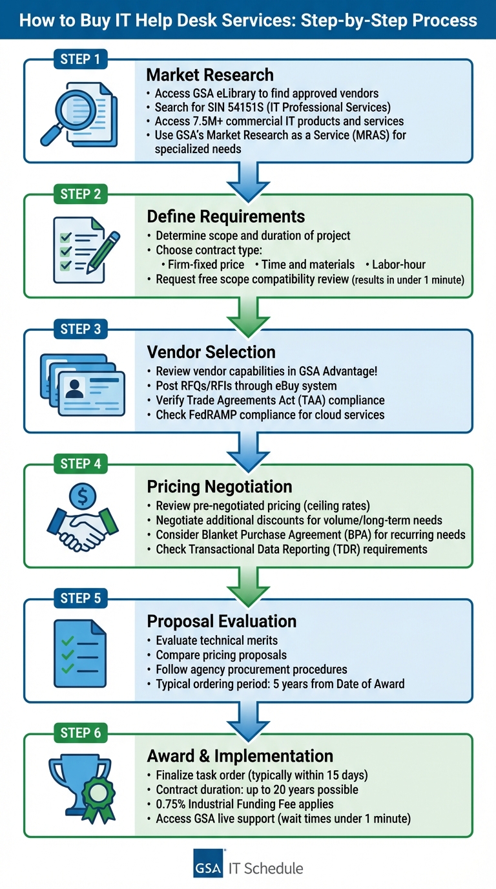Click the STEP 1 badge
[80, 59]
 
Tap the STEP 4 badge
[80, 464]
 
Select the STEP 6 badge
[80, 733]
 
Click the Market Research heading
[210, 75]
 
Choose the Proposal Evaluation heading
[222, 621]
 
